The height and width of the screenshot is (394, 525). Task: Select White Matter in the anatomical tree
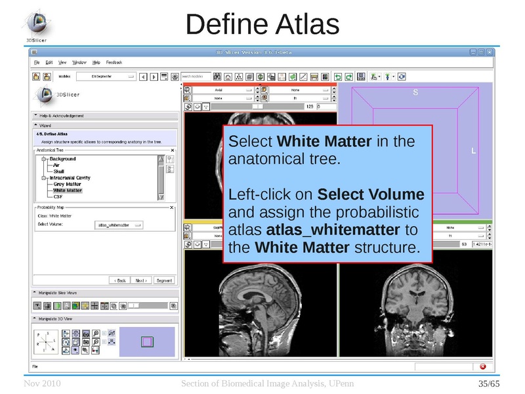[68, 190]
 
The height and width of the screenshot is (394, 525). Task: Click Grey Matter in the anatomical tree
[68, 185]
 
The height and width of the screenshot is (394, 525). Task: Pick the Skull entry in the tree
[59, 171]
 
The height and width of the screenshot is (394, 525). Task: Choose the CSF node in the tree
[58, 196]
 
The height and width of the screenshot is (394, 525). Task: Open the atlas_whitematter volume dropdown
[119, 225]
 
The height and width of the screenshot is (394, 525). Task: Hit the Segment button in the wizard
[163, 280]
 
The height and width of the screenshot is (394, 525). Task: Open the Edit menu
[49, 62]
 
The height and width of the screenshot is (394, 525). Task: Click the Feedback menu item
[114, 62]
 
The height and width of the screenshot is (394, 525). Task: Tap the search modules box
[196, 76]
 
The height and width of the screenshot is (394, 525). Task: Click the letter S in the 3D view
[415, 93]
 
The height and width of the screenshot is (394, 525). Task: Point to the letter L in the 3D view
[473, 152]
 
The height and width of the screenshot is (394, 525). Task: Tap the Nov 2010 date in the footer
[39, 383]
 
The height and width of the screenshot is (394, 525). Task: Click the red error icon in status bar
[483, 366]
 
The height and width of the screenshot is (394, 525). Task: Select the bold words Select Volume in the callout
[371, 195]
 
